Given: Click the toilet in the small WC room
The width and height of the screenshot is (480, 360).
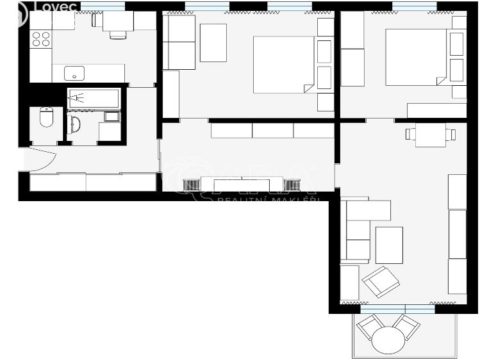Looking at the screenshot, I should pos(46,117).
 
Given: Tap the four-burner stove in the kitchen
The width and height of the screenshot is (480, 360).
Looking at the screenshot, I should pos(41,38).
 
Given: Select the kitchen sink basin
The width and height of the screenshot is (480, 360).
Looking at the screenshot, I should pos(74,72).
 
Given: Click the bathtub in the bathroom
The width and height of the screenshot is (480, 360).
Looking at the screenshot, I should pos(94,98).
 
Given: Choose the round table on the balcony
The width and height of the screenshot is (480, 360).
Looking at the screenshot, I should pos(388,340).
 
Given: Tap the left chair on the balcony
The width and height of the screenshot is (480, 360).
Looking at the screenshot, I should pos(370,327).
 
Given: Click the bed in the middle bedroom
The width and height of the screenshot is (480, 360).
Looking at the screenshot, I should pos(283,64).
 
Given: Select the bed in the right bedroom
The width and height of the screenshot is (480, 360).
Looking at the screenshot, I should pos(416,56).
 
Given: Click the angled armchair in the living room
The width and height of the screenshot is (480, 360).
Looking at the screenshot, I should pos(380,281).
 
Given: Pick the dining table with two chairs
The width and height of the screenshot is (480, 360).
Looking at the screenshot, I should pos(431,135).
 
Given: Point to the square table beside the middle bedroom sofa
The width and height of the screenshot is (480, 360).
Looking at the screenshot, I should pos(213,42).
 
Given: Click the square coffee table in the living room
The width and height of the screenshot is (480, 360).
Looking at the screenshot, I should pos(389,245).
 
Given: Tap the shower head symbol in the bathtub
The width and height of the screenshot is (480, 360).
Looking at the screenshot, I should pos(78,98).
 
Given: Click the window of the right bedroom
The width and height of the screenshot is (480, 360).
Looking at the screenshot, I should pos(414,6).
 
